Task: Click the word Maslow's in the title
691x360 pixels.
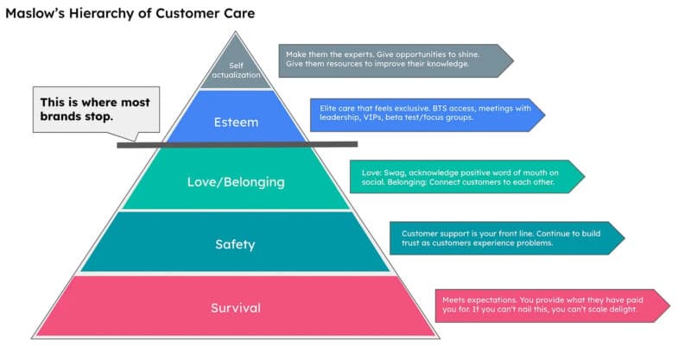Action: coord(36,14)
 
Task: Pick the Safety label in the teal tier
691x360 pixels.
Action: coord(234,244)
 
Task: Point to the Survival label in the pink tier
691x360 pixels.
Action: coord(235,307)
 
